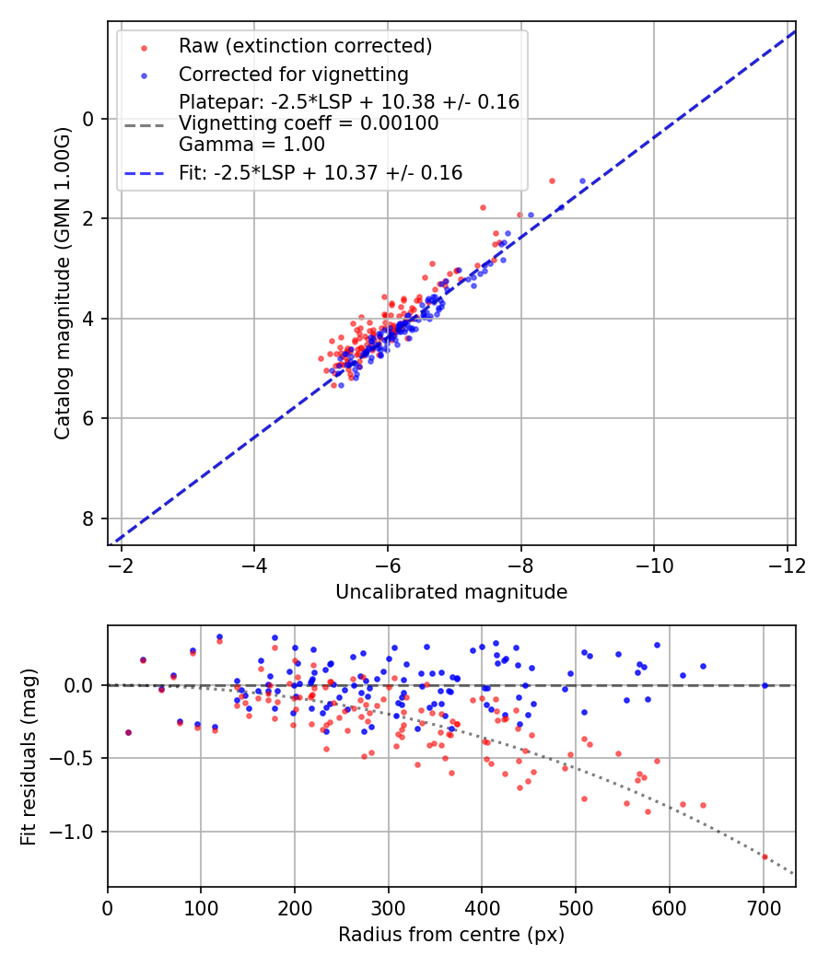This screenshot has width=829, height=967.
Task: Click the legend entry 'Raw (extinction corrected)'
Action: point(305,46)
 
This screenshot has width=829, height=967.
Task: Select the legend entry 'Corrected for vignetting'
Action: point(293,74)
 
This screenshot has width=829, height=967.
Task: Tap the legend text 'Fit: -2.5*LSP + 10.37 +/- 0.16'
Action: point(321,172)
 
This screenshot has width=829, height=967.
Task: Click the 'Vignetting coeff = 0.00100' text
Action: point(309,123)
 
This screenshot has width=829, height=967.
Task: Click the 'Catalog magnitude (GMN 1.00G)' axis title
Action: point(62,283)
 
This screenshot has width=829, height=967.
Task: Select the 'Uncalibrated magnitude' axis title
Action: point(451,592)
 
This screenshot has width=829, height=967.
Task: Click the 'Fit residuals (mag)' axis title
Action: point(29,756)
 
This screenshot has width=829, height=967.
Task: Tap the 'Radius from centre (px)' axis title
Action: point(451,935)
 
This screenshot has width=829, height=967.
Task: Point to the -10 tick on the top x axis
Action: point(654,565)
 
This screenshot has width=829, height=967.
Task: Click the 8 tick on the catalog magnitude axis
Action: point(88,518)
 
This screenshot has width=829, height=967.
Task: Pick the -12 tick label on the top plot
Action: point(787,565)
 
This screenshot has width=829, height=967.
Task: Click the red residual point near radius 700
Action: point(765,856)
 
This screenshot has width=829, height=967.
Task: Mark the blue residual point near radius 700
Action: point(765,685)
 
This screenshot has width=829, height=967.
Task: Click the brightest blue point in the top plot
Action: point(582,181)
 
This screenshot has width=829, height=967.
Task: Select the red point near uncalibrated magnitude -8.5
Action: point(552,181)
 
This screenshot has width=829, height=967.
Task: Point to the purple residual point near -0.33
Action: point(128,733)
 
